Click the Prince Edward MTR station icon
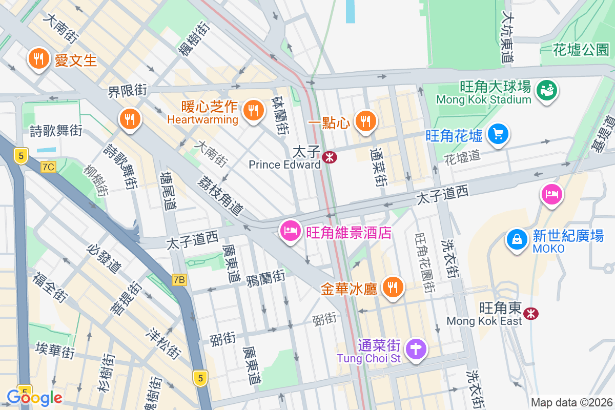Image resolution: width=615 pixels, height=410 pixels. click(x=331, y=157)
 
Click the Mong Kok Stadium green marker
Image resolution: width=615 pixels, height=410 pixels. click(x=547, y=91)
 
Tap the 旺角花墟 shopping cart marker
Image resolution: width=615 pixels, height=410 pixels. click(x=498, y=134)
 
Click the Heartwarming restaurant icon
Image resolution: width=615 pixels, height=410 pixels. click(x=252, y=109)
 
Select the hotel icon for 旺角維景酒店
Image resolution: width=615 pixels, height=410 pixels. click(x=291, y=231)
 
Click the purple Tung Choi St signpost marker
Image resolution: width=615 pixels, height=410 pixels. click(x=416, y=350)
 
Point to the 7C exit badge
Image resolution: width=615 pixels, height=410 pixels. click(x=49, y=167)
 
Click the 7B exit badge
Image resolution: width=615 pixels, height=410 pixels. click(x=179, y=280)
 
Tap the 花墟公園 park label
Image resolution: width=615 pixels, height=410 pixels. click(x=581, y=50)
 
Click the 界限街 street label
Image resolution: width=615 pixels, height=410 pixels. click(x=128, y=91)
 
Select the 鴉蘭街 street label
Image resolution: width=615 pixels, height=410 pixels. click(x=266, y=278)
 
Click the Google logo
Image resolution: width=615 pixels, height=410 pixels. click(x=34, y=397)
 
